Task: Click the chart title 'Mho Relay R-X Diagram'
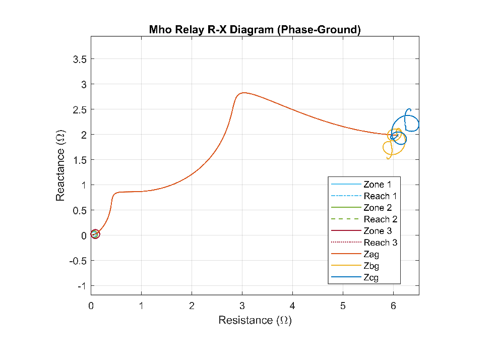[x=211, y=29]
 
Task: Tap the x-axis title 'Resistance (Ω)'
[x=255, y=320]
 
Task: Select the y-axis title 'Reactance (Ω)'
[x=60, y=165]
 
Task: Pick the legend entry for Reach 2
[x=364, y=219]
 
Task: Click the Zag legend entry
[x=355, y=254]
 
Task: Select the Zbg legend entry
[x=355, y=266]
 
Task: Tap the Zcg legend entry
[x=355, y=277]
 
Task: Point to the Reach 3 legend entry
[x=364, y=243]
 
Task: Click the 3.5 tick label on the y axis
[x=80, y=59]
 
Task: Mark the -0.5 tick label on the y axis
[x=78, y=261]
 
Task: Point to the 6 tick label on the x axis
[x=393, y=306]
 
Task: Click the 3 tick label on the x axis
[x=242, y=306]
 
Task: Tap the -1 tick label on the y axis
[x=82, y=286]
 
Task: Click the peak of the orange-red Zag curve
[x=243, y=93]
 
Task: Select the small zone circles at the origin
[x=95, y=234]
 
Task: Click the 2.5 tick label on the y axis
[x=80, y=110]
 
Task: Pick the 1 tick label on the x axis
[x=141, y=306]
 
